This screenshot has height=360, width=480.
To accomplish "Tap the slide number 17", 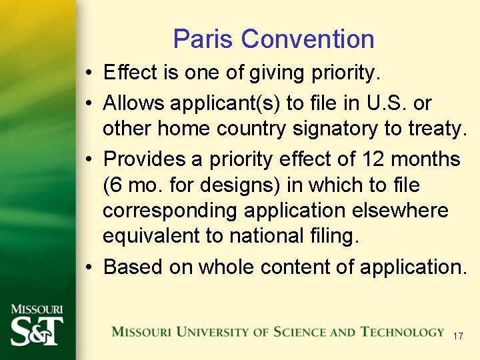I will coord(457,336).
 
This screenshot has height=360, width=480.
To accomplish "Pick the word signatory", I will coord(348,129).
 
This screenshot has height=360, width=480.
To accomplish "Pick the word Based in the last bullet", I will coord(133,267).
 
